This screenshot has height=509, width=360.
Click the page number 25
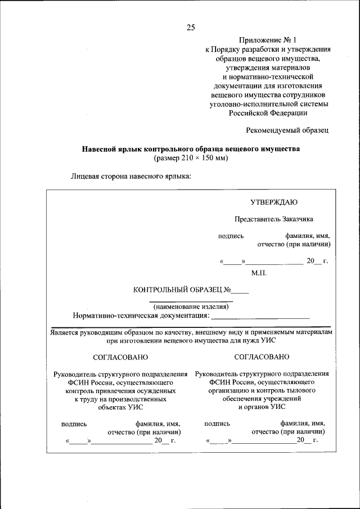(x=190, y=26)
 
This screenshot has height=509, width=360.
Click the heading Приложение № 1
(x=268, y=40)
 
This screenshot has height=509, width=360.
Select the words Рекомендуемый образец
(x=287, y=130)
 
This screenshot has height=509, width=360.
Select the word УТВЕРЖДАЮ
(x=274, y=202)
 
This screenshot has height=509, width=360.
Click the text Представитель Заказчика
(x=274, y=219)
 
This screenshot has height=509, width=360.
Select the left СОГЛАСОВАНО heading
(x=120, y=357)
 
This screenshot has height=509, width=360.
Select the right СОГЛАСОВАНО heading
(x=262, y=357)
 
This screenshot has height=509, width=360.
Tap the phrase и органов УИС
(x=262, y=407)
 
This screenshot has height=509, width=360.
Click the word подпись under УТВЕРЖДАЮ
(x=231, y=236)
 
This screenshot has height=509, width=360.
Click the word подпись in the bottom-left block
(x=74, y=424)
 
